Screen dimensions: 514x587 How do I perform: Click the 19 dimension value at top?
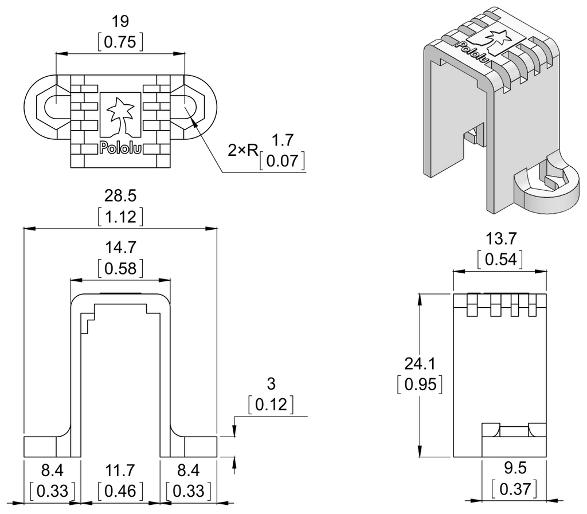pyautogui.click(x=120, y=22)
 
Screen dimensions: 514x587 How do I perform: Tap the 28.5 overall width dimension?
pyautogui.click(x=120, y=196)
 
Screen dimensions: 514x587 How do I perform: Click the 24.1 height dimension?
pyautogui.click(x=419, y=363)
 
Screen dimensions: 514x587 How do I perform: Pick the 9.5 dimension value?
pyautogui.click(x=514, y=469)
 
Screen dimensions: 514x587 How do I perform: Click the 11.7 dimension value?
pyautogui.click(x=120, y=470)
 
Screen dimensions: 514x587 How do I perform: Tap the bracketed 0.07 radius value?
pyautogui.click(x=282, y=161)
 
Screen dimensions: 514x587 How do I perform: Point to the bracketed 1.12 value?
pyautogui.click(x=120, y=217)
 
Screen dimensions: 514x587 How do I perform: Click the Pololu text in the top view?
pyautogui.click(x=120, y=148)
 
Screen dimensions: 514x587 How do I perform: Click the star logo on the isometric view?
pyautogui.click(x=497, y=38)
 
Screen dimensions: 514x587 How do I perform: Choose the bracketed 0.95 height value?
pyautogui.click(x=419, y=384)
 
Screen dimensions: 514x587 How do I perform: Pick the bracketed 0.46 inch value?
pyautogui.click(x=120, y=491)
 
